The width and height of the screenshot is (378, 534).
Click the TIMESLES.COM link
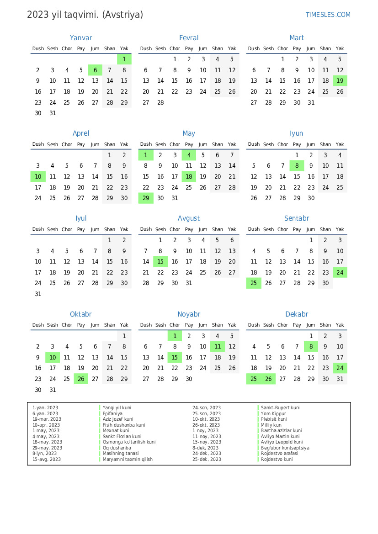(x=328, y=15)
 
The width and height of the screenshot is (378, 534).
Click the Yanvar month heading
(x=81, y=38)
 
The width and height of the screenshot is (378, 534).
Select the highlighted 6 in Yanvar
(x=95, y=70)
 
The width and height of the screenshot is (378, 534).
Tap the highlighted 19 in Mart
(x=340, y=81)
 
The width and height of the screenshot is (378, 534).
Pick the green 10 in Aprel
(x=38, y=176)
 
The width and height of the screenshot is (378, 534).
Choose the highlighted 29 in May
(x=146, y=198)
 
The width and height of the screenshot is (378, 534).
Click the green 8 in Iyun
(x=297, y=166)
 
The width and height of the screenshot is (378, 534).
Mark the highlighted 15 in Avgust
(x=160, y=262)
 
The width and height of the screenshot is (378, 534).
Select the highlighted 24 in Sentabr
(x=340, y=272)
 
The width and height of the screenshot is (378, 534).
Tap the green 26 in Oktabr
(x=81, y=379)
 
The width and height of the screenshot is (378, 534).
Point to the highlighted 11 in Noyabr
(x=218, y=347)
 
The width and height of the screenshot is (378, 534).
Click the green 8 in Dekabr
(x=311, y=347)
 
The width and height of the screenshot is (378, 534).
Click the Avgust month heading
(x=189, y=218)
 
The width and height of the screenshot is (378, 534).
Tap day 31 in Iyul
(x=38, y=294)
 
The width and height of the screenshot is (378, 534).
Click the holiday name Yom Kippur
(x=273, y=413)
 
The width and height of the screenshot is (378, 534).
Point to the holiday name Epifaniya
(x=112, y=413)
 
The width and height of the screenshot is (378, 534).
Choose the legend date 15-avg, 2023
(x=46, y=459)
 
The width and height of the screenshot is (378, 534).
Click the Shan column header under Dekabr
(x=325, y=325)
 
